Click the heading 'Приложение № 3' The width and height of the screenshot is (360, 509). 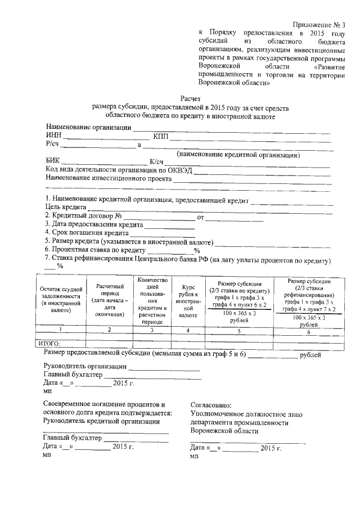click(318, 24)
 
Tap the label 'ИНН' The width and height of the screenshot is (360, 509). click(55, 136)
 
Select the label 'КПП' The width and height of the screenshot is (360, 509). click(161, 137)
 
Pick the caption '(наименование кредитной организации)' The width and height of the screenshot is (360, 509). click(238, 154)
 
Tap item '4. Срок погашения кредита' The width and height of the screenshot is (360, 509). click(87, 232)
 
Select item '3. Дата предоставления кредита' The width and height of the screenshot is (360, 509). click(94, 224)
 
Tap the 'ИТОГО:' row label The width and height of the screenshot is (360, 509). click(48, 343)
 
